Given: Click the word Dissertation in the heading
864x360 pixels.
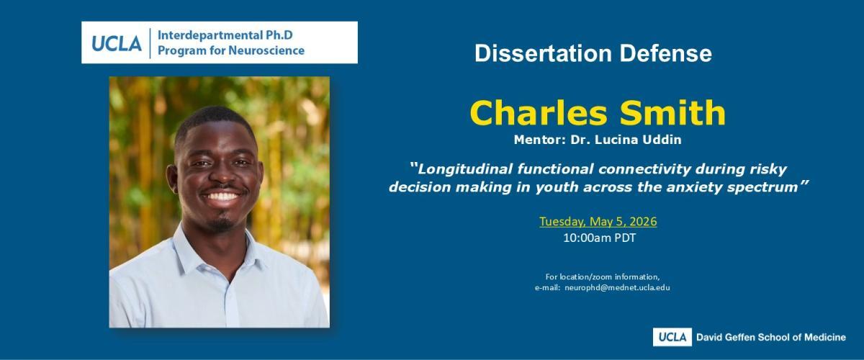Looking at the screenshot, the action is coord(543,53).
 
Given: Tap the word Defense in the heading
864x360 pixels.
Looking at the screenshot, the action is coord(666,53).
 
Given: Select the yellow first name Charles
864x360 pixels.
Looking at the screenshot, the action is coord(539,113).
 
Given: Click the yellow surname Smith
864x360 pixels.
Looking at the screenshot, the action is coord(672,113).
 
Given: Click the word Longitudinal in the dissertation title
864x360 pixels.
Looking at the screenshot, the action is coord(465,170).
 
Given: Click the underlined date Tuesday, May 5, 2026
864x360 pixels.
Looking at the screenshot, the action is coord(598,222).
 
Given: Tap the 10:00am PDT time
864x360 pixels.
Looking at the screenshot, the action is coord(599,238).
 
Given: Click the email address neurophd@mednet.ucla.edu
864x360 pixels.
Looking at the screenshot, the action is coord(617,287).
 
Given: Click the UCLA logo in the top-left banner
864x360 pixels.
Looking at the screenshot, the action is coord(117,43).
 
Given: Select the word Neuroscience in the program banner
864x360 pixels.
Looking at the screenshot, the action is coord(266,50).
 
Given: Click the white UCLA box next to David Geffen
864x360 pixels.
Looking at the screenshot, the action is coord(672,337).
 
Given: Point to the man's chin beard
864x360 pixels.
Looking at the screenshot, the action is coord(220,225).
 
